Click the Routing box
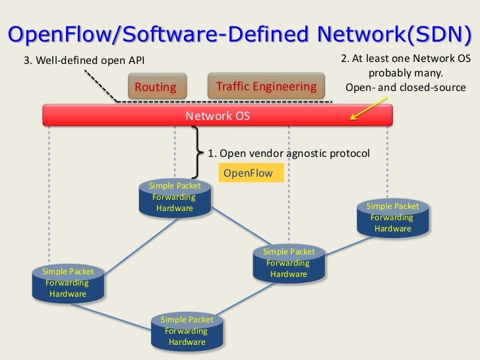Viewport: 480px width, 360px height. click(156, 87)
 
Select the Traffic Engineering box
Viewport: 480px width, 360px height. click(266, 87)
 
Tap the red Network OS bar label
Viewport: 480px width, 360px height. click(218, 116)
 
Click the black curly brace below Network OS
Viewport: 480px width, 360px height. click(196, 152)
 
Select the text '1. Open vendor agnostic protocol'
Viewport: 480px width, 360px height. click(289, 153)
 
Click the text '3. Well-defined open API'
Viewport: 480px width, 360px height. click(84, 61)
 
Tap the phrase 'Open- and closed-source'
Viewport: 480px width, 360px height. click(405, 87)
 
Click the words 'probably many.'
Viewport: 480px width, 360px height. click(405, 73)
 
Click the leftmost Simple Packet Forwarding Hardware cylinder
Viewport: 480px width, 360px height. click(68, 283)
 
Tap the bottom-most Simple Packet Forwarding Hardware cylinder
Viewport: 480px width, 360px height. click(187, 332)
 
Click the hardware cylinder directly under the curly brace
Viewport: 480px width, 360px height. click(175, 198)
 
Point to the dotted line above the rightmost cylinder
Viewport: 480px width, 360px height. click(388, 165)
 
